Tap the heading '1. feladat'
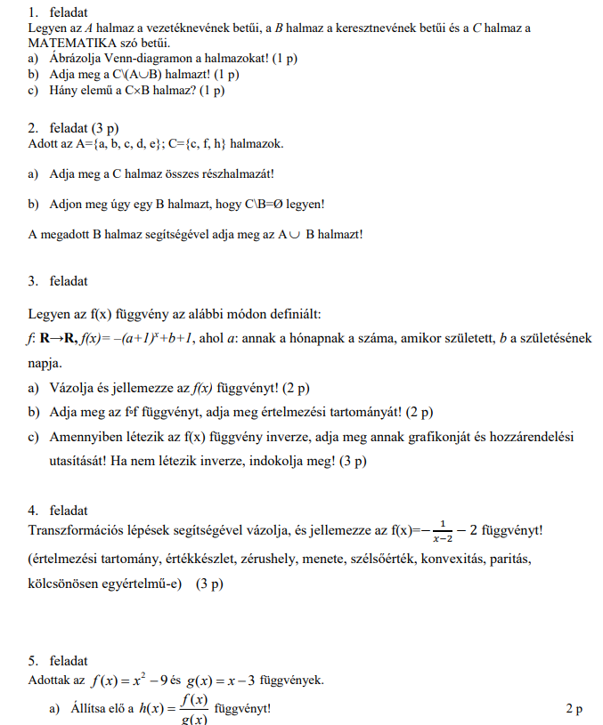point(58,12)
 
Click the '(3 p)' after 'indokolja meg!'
point(353,461)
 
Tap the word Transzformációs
point(74,532)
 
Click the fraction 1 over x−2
point(443,532)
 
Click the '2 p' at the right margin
point(574,709)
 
